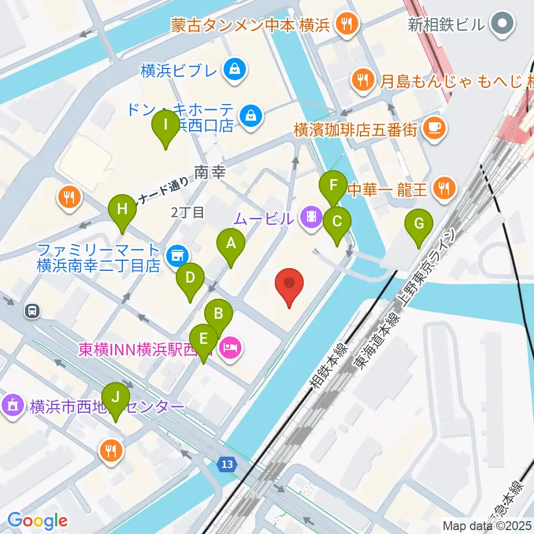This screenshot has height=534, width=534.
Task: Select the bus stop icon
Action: [x=33, y=311]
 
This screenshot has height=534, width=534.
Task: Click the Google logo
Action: [x=37, y=521]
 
